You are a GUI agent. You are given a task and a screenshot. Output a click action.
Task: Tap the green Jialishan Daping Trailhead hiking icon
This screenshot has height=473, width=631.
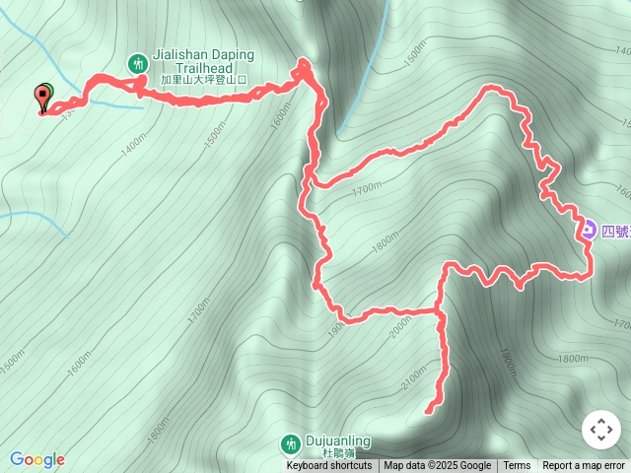tap(137, 64)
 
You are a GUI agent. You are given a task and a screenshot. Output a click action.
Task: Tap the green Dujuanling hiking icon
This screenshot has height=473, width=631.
tap(290, 442)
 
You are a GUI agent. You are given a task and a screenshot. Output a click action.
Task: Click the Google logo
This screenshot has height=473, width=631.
tap(37, 459)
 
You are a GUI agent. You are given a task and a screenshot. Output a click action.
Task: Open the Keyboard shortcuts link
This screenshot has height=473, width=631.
tap(329, 466)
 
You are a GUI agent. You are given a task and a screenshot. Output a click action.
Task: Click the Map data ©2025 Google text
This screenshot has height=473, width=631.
tap(437, 466)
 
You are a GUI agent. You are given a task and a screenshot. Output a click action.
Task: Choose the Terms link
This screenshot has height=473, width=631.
tap(517, 466)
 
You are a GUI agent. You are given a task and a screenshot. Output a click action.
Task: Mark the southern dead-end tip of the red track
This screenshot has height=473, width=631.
tap(427, 411)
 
